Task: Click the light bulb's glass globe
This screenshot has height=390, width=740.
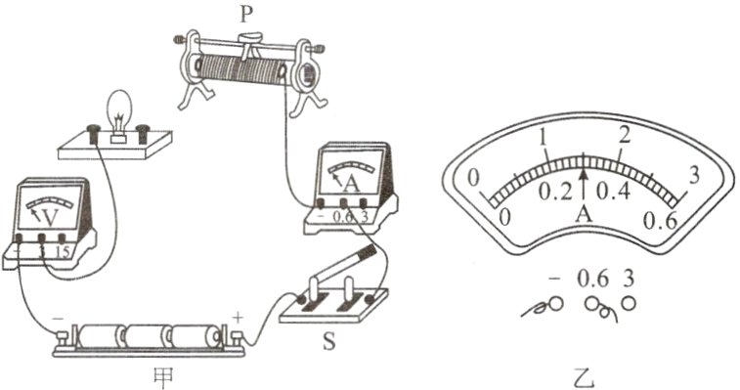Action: click(117, 108)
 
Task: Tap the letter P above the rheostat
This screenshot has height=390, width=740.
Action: click(245, 14)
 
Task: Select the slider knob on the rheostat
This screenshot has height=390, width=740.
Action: click(250, 37)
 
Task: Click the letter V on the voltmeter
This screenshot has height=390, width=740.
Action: click(51, 217)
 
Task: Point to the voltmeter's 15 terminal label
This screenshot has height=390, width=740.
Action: click(64, 252)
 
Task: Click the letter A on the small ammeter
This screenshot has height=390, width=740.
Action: click(350, 184)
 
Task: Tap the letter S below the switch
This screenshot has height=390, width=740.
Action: click(328, 342)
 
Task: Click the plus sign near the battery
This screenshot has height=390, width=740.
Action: click(239, 318)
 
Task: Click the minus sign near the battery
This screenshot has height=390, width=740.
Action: click(59, 319)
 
